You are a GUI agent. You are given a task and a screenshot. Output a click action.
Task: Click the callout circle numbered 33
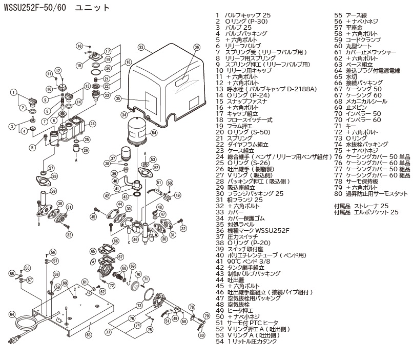(x=140, y=47)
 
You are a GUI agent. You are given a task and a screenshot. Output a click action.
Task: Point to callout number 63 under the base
(x=88, y=334)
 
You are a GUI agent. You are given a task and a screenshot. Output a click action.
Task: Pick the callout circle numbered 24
(x=92, y=123)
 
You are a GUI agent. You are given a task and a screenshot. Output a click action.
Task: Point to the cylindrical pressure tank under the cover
(x=137, y=129)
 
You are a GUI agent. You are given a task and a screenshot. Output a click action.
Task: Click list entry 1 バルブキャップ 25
(x=241, y=15)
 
